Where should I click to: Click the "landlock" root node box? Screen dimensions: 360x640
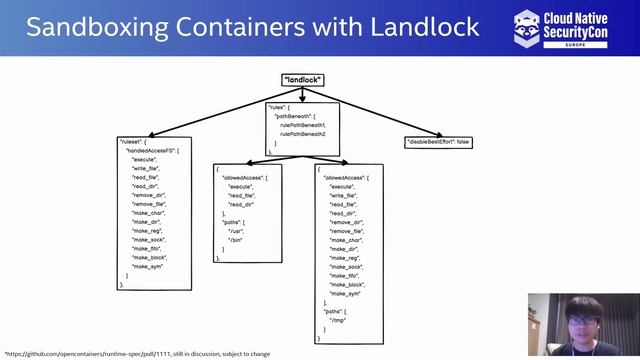(302, 80)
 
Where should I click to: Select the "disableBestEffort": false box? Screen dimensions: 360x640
(438, 142)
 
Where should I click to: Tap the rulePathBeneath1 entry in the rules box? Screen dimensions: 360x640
(303, 125)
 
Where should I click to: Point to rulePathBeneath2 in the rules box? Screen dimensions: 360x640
(303, 133)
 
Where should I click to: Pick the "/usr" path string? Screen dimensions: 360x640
(236, 231)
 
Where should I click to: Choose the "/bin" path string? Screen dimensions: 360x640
(236, 240)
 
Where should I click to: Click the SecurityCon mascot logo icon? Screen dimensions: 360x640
(527, 27)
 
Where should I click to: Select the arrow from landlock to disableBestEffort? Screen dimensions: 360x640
(380, 111)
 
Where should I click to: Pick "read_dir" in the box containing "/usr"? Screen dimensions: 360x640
(240, 204)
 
